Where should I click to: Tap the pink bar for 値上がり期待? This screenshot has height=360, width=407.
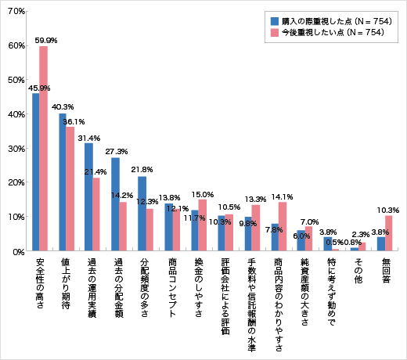coord(70,189)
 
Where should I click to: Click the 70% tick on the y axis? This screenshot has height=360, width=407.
coord(18,11)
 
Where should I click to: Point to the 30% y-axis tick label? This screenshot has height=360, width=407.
coord(18,149)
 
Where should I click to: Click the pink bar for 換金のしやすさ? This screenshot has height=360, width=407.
coord(203,225)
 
